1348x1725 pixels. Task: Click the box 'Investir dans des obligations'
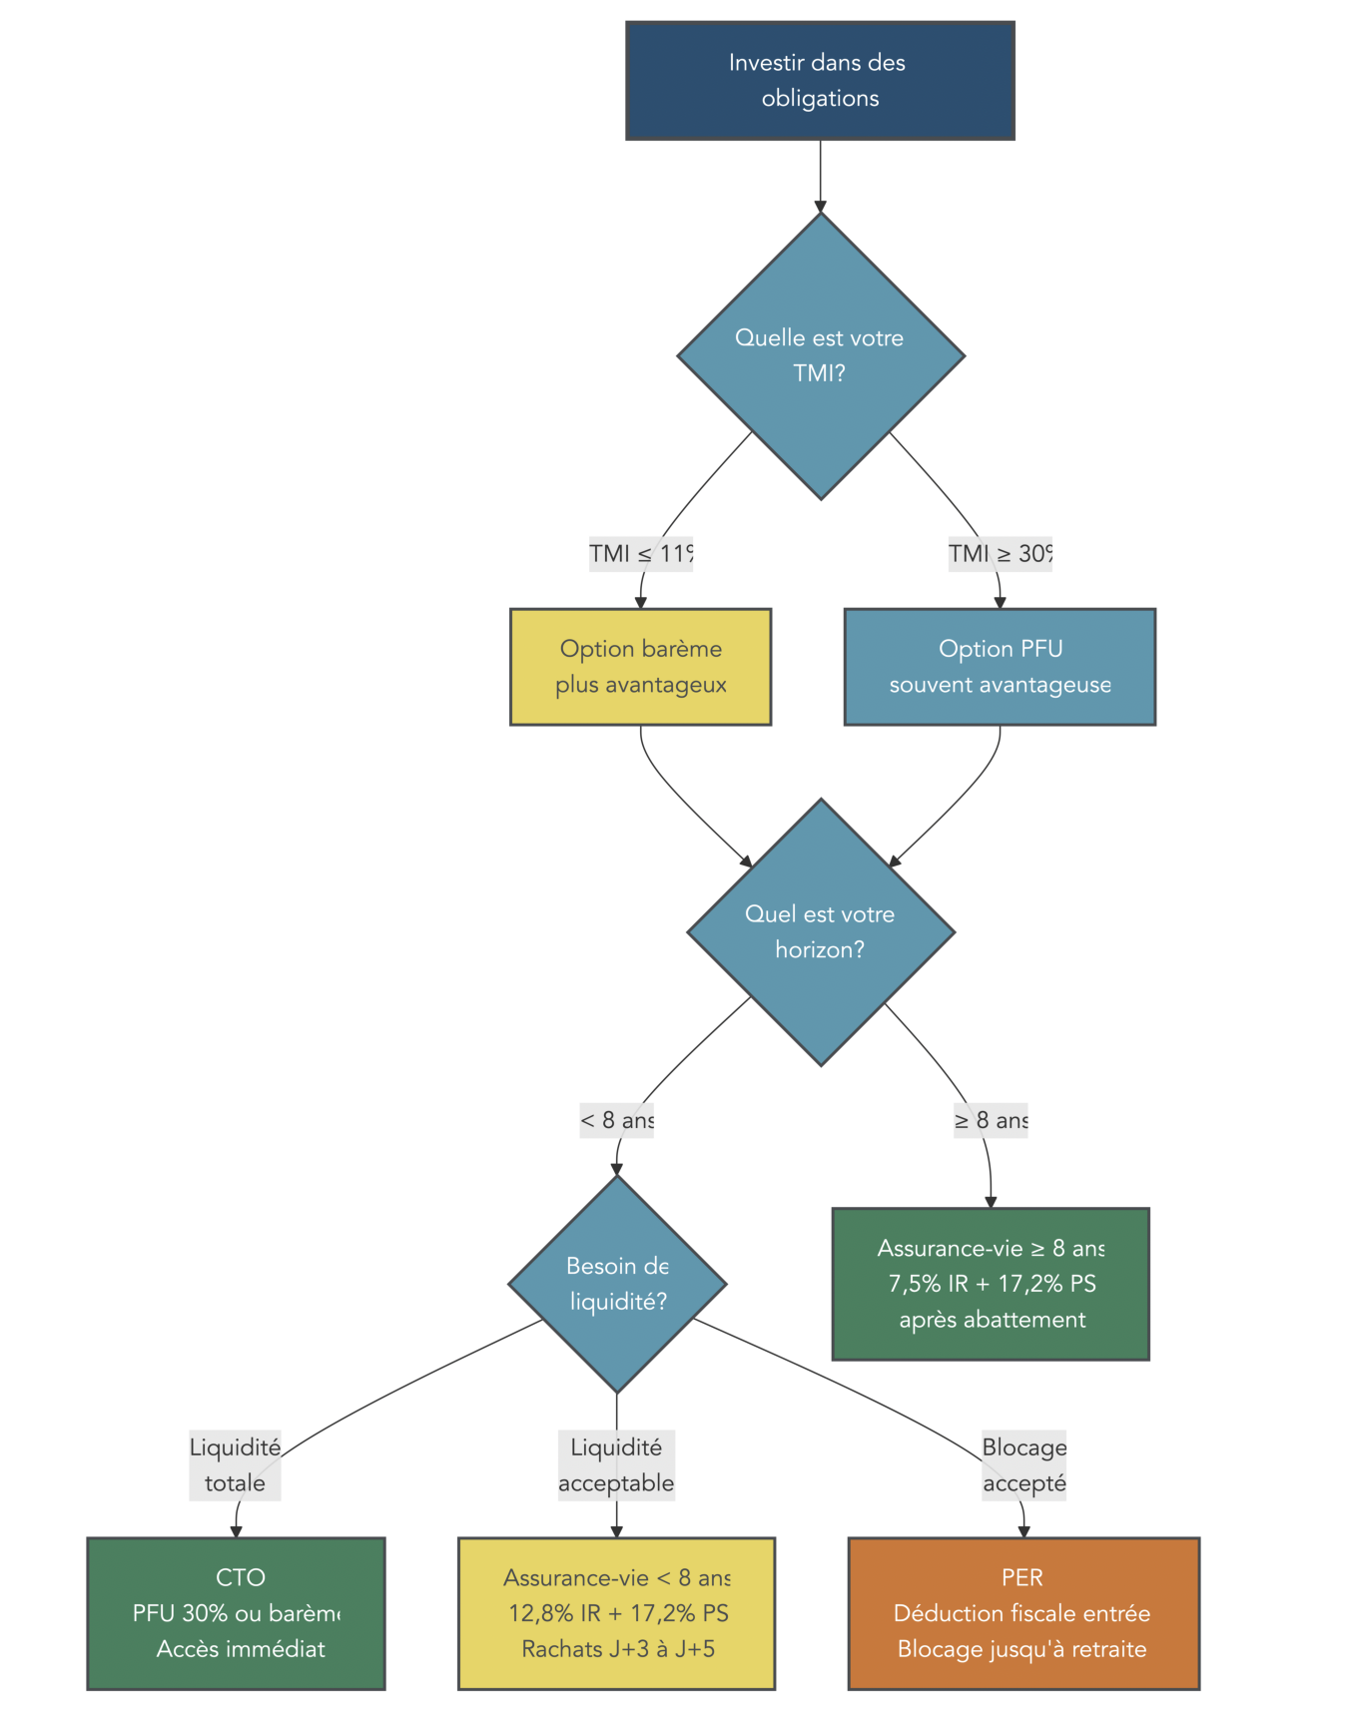820,81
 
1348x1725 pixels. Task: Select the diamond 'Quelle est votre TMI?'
820,356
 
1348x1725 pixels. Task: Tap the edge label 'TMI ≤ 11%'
640,553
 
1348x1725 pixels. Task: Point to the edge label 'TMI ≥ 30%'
1000,553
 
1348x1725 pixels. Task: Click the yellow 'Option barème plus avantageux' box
640,667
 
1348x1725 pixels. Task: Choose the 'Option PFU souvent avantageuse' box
1000,667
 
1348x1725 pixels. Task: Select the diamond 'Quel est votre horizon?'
820,932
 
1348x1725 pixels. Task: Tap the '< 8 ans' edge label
617,1120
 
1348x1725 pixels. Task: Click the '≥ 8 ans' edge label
991,1120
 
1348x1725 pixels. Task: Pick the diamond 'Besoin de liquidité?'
617,1284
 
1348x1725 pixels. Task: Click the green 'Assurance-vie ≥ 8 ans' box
991,1284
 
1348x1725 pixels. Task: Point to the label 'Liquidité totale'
235,1464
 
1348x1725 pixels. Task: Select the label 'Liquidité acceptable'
616,1464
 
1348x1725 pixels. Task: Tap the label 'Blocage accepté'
1023,1464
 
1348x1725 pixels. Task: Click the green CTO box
236,1613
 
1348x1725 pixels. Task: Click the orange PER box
1023,1613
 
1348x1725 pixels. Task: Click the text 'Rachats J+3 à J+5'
618,1649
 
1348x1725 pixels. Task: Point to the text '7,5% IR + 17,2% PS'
992,1284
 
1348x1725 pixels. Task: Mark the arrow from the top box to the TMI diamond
820,175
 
